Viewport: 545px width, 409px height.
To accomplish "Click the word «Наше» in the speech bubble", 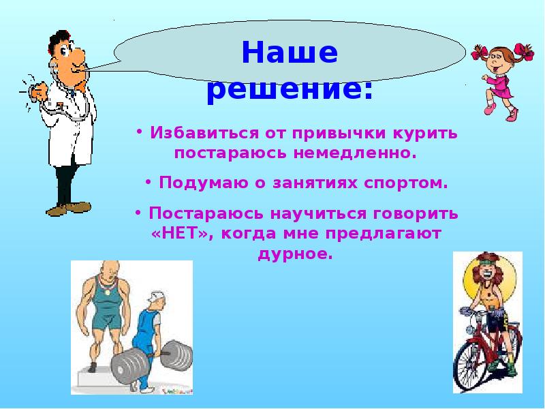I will point(290,53).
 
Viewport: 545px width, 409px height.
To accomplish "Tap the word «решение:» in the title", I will point(290,90).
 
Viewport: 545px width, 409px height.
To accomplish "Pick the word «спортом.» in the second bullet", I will point(409,183).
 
